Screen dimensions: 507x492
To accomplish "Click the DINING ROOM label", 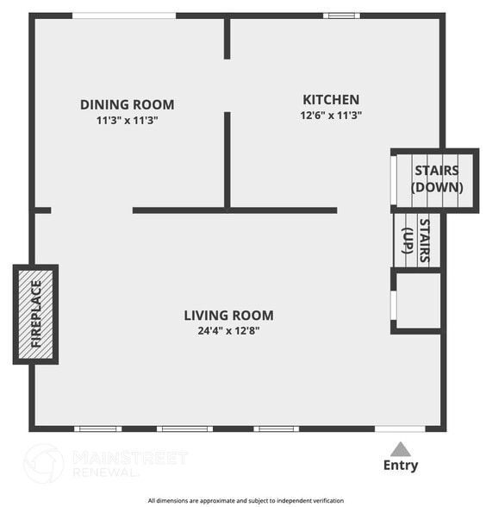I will (127, 104).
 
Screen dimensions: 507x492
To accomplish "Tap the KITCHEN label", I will (331, 99).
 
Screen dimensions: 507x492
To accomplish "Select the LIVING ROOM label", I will (228, 316).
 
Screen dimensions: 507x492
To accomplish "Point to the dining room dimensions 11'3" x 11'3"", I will (127, 121).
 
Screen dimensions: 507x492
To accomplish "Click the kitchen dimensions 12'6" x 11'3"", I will (331, 115).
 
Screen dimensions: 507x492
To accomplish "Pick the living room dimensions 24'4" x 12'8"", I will (228, 330).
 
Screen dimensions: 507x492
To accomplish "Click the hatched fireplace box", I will (35, 314).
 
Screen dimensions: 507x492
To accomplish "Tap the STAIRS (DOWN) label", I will (437, 178).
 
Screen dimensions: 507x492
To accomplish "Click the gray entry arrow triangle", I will (400, 448).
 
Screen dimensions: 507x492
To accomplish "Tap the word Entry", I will (400, 466).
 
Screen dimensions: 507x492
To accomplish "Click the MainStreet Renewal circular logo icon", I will (43, 463).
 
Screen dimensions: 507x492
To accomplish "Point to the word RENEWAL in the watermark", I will (104, 473).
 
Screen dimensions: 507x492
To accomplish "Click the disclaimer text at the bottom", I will (246, 500).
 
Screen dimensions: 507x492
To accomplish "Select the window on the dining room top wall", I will (124, 16).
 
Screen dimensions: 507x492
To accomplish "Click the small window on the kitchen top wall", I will (343, 16).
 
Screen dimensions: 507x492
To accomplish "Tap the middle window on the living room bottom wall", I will (184, 429).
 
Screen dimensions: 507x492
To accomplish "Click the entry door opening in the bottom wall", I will (400, 429).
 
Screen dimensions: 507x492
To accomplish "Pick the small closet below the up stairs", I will (418, 301).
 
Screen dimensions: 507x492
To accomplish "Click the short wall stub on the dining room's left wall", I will (42, 210).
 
